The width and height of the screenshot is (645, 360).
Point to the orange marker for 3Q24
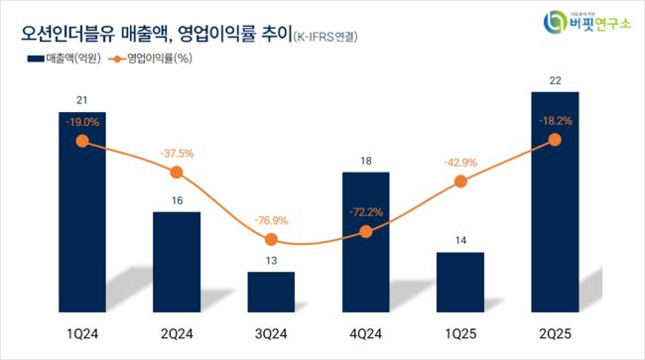pos(271,240)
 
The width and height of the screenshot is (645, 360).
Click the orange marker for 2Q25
pos(555,140)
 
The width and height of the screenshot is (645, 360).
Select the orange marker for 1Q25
pos(460,181)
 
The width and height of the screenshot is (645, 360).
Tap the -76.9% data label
pos(271,220)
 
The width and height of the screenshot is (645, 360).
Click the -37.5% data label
pos(177,153)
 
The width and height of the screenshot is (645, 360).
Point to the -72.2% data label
pos(365,211)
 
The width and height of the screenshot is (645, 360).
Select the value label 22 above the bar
pos(555,80)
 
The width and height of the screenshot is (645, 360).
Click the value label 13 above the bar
pos(271,261)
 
